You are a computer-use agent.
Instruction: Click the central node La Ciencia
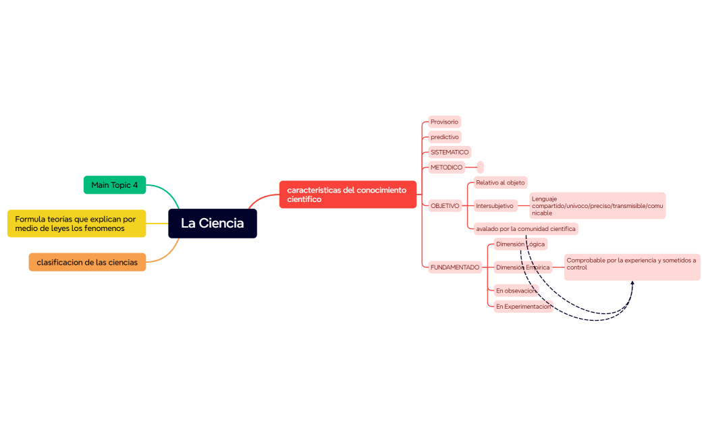(x=212, y=224)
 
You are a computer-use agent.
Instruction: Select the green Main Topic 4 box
(x=114, y=185)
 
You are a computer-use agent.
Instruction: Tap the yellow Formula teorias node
(x=76, y=224)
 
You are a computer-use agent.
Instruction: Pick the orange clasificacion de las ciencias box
(x=87, y=262)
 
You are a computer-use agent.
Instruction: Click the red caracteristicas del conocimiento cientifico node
(x=348, y=195)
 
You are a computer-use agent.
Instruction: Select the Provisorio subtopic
(x=444, y=122)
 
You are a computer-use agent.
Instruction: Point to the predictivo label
(x=445, y=137)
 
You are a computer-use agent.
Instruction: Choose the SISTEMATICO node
(x=449, y=153)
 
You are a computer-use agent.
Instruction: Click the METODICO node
(x=446, y=167)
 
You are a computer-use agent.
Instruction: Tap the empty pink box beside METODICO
(x=481, y=167)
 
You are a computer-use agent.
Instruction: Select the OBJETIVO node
(x=445, y=206)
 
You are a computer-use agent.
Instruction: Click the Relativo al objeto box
(x=500, y=183)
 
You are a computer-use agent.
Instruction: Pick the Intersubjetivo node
(x=495, y=206)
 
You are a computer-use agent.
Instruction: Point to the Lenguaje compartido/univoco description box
(x=597, y=206)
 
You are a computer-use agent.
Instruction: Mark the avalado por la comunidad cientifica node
(x=526, y=229)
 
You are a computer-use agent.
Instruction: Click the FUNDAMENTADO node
(x=455, y=267)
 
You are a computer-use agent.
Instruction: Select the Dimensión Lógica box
(x=520, y=244)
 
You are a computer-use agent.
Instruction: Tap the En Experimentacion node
(x=523, y=307)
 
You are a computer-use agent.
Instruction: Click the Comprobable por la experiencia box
(x=632, y=267)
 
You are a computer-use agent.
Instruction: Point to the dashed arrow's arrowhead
(x=632, y=283)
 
